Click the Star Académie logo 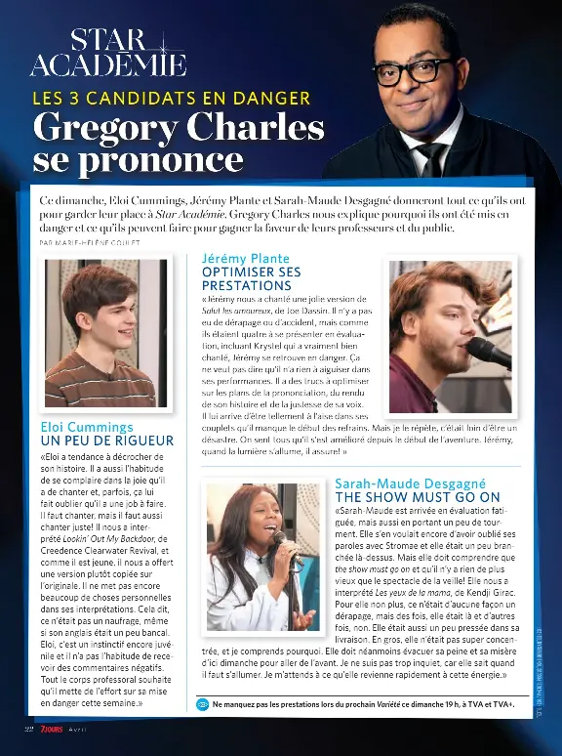pyautogui.click(x=107, y=54)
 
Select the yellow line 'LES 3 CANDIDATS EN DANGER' pyautogui.click(x=172, y=98)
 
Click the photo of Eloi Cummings pyautogui.click(x=100, y=332)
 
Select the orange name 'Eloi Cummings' pyautogui.click(x=87, y=427)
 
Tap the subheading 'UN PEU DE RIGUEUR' pyautogui.click(x=106, y=441)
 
